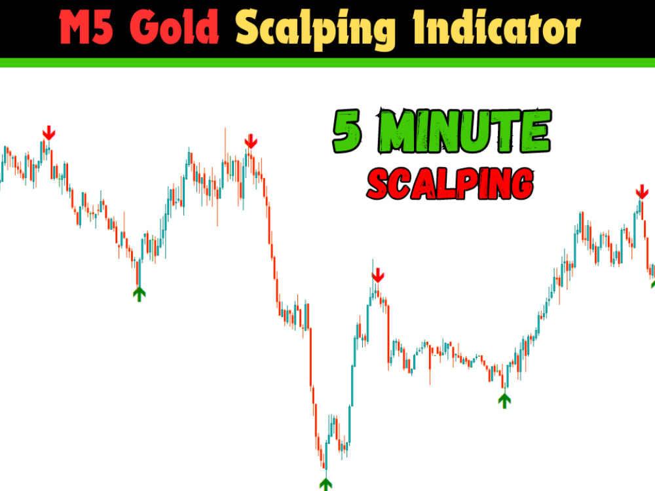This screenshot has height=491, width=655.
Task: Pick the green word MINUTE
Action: tap(465, 132)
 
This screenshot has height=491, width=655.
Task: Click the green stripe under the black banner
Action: tap(327, 62)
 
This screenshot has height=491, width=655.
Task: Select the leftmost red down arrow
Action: tap(48, 133)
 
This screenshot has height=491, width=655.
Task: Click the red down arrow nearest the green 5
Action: tap(250, 141)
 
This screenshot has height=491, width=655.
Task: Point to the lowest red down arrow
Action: tap(377, 276)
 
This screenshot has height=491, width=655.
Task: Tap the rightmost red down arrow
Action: tap(641, 192)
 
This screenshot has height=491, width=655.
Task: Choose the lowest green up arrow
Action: tap(326, 484)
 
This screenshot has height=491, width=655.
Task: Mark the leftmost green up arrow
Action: tap(139, 293)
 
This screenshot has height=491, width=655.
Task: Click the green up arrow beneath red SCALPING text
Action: tap(504, 399)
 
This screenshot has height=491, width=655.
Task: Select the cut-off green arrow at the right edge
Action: tap(652, 284)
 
